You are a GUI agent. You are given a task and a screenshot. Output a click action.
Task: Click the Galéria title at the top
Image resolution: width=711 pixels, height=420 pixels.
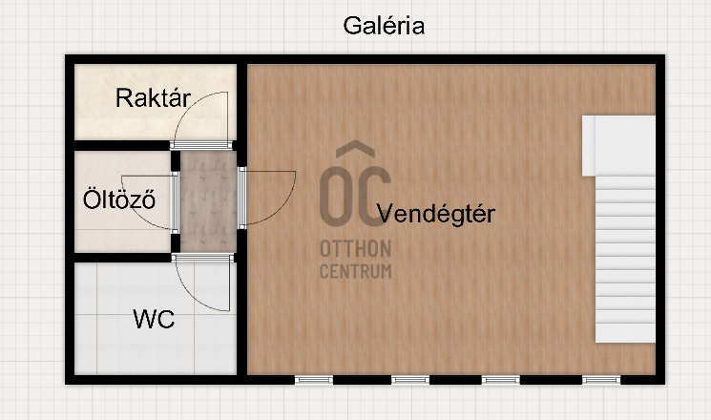[384, 26]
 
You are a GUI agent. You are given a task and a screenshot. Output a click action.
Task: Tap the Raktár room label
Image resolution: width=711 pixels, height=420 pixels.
[153, 97]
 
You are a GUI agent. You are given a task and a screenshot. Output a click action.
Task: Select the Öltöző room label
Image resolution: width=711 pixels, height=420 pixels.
[118, 199]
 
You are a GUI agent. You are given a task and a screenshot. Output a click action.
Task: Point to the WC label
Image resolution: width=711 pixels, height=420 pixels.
[154, 319]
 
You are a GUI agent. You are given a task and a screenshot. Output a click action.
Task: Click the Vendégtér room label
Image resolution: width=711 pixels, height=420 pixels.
[436, 213]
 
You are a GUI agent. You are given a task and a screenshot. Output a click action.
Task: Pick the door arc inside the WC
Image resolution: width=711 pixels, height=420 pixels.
[195, 295]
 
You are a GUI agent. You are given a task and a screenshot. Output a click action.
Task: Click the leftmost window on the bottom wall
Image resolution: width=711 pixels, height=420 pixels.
[314, 380]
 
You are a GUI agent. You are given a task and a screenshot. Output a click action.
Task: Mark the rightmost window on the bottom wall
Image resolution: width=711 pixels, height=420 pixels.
[601, 380]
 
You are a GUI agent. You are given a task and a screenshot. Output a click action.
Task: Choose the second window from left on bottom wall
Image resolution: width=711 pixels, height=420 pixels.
[410, 380]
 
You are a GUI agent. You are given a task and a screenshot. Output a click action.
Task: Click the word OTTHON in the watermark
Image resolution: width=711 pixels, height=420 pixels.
[355, 248]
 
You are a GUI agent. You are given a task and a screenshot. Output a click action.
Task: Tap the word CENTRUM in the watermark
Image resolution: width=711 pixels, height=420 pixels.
[355, 271]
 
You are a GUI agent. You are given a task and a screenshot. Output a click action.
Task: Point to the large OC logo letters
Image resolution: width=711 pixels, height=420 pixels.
[355, 197]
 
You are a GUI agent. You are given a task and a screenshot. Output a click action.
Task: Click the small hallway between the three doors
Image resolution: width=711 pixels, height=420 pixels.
[208, 200]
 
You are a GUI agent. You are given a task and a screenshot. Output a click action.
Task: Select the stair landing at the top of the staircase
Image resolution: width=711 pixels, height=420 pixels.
[619, 146]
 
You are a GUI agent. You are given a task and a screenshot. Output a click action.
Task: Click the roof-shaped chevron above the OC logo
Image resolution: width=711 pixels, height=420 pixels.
[355, 148]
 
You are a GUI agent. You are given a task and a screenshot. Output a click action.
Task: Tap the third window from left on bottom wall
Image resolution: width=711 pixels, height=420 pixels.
[501, 380]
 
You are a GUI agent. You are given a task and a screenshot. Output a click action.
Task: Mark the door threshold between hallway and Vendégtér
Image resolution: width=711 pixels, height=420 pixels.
[242, 198]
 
